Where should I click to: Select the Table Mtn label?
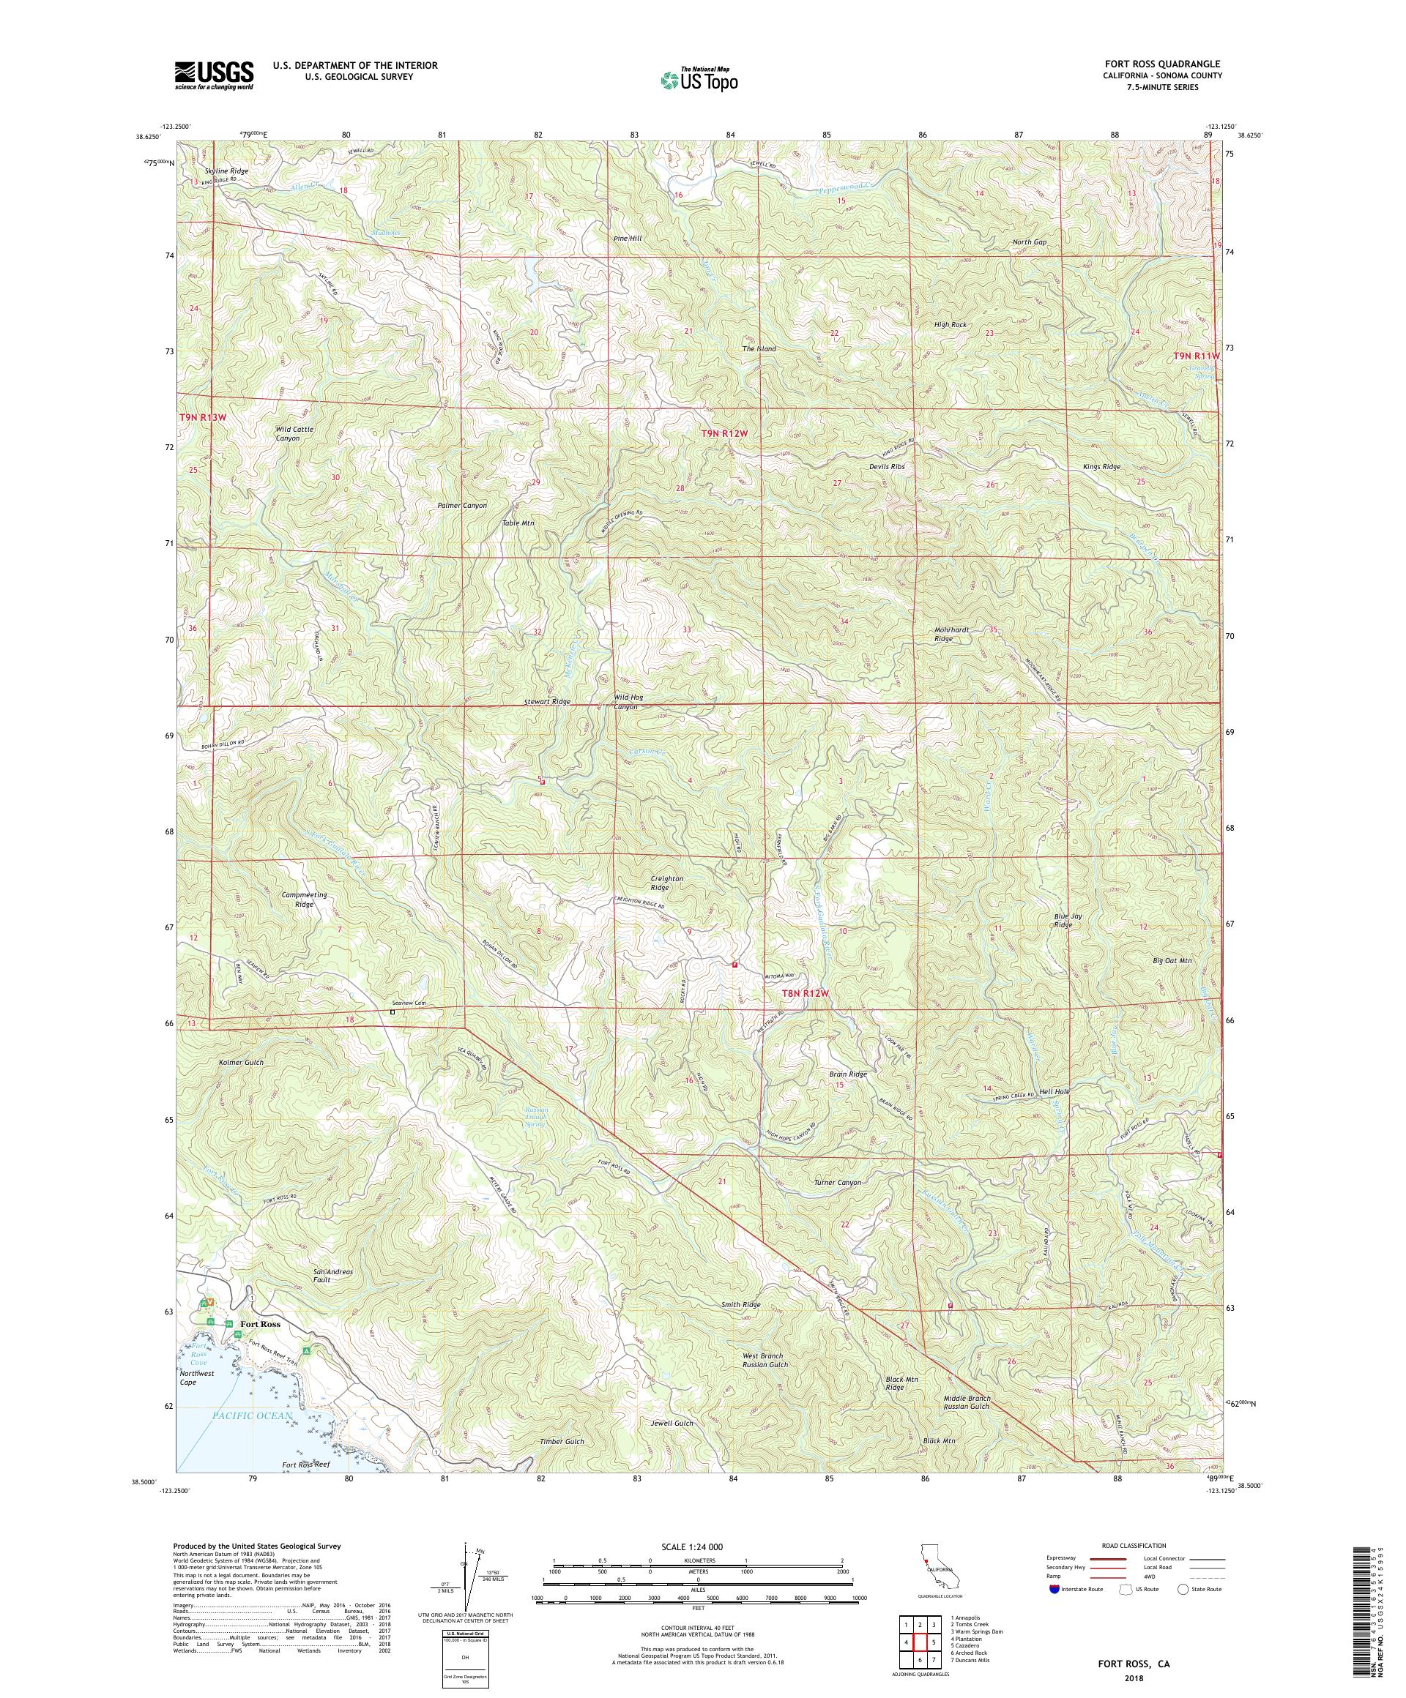[x=518, y=523]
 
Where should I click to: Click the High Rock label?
[x=950, y=324]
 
